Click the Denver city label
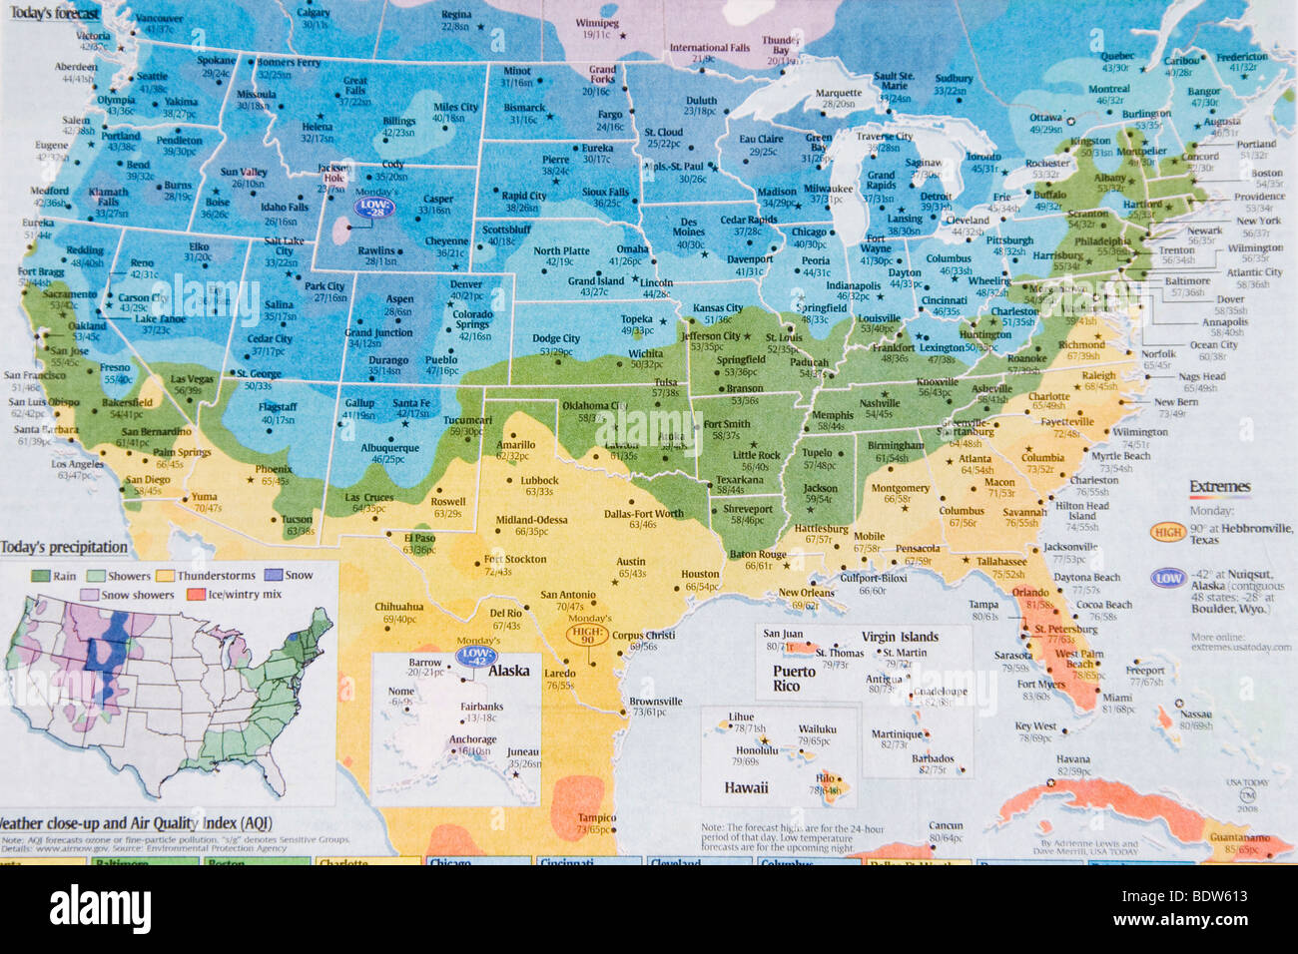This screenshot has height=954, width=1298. click(465, 284)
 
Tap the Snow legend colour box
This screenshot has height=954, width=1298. click(273, 576)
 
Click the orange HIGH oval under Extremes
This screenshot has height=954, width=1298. click(1167, 532)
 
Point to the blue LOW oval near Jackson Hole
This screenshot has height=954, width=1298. click(375, 208)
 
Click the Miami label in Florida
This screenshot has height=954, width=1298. click(1117, 698)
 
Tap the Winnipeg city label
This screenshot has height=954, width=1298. click(597, 23)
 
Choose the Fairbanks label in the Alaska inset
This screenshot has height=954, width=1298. click(481, 707)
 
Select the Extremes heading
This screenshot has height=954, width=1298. click(1219, 487)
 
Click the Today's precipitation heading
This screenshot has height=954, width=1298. click(64, 547)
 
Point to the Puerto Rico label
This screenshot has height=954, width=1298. click(794, 679)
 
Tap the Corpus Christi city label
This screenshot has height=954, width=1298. click(643, 635)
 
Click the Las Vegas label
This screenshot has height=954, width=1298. click(192, 379)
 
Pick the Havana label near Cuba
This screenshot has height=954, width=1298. click(1073, 759)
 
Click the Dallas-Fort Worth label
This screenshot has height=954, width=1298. click(644, 514)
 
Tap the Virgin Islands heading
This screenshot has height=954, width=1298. click(900, 637)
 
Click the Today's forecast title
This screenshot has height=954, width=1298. click(54, 14)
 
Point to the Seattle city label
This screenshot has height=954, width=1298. click(152, 77)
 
